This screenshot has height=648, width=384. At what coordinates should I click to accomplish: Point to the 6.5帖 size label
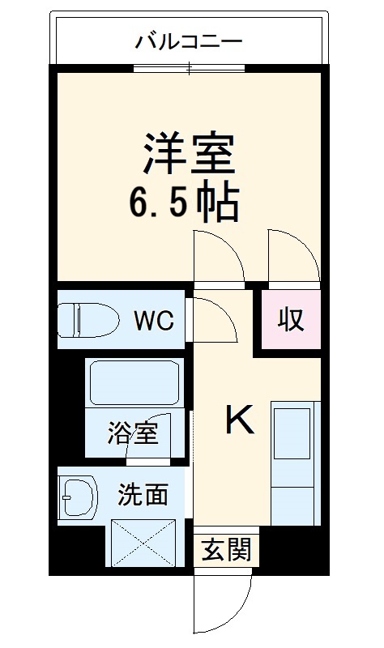tap(185, 205)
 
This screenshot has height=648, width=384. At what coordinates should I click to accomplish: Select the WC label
tap(153, 321)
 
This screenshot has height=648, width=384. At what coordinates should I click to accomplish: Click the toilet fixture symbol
tap(85, 320)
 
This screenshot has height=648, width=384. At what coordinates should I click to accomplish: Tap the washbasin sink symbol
tap(77, 497)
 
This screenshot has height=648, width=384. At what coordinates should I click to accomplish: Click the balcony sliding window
tap(189, 68)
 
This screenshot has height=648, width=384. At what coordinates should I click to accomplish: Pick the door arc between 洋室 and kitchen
tap(219, 256)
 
